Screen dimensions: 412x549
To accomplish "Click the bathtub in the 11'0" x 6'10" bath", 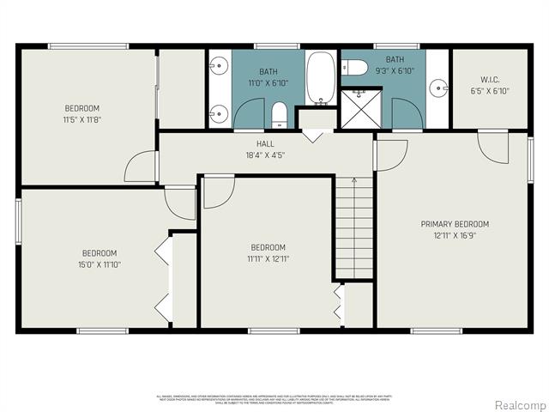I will (322, 78).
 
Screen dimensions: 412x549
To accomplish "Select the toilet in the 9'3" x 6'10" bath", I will (356, 67).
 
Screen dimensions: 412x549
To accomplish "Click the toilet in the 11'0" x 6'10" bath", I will (279, 114).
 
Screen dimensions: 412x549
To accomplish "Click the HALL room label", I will (265, 143).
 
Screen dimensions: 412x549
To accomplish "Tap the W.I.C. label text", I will (490, 79).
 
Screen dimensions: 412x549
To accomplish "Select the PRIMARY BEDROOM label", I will (455, 224).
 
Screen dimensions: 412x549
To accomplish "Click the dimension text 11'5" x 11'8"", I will (82, 119).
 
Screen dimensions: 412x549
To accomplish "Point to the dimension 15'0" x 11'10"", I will (100, 264).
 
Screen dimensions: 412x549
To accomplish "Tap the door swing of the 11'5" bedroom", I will (142, 167).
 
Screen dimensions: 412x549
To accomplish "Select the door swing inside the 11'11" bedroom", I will (217, 193).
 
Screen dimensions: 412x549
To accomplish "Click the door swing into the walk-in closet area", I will (493, 146).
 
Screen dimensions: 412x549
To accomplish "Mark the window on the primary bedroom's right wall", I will (531, 159).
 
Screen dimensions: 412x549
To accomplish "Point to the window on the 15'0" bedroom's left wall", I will (18, 222).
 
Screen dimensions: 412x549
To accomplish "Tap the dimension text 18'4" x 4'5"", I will (265, 155).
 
